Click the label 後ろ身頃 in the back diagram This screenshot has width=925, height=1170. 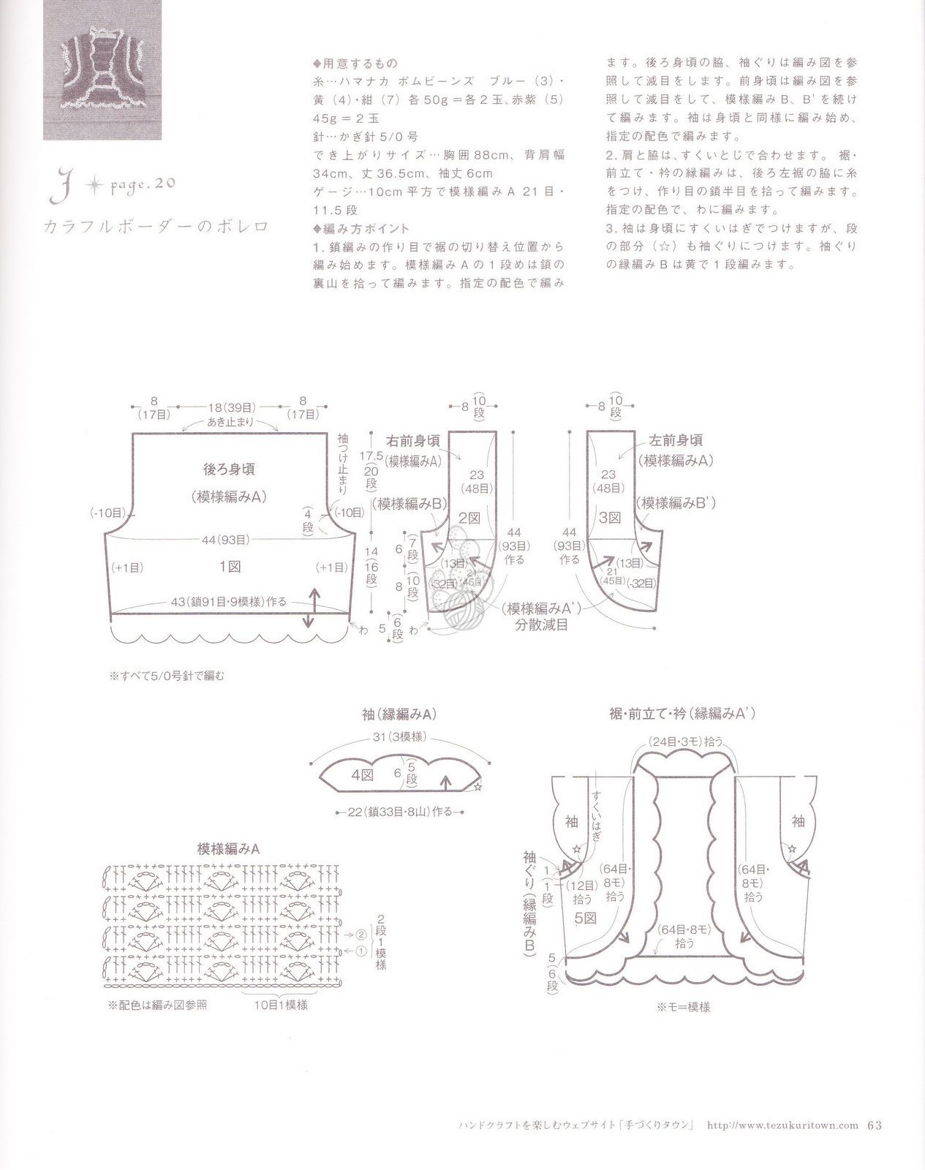229,469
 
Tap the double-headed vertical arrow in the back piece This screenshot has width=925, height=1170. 311,607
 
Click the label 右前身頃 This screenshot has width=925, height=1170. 413,441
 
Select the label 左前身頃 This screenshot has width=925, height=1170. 676,440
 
